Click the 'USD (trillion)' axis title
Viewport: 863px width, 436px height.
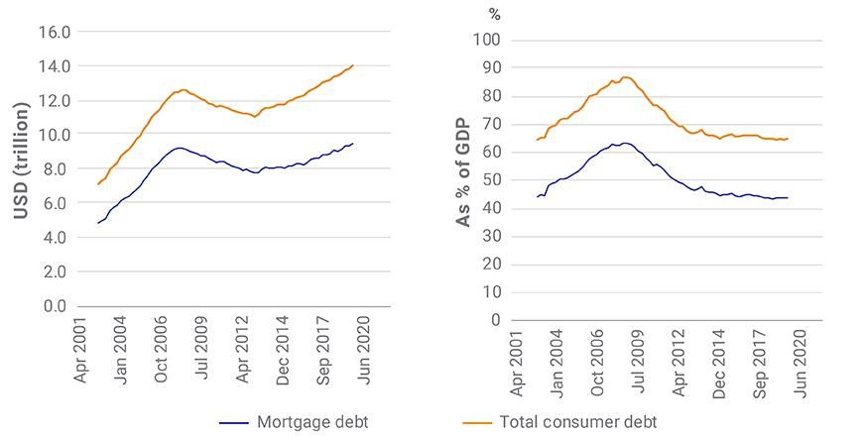tap(21, 168)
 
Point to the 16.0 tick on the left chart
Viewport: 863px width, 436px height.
tap(55, 32)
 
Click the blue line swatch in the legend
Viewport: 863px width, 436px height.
tap(235, 422)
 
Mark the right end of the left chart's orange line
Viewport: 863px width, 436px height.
tap(353, 65)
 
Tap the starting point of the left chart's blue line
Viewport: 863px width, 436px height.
tap(97, 223)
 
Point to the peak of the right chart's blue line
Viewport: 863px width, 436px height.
tap(624, 143)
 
